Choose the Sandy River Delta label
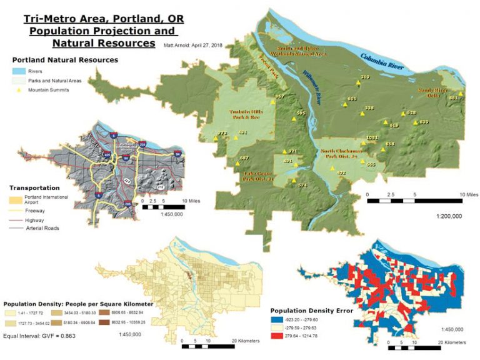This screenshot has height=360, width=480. click(435, 93)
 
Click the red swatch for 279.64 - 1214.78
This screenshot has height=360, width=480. click(277, 336)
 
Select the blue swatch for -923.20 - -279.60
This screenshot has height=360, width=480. click(277, 319)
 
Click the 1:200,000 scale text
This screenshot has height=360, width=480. click(449, 216)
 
